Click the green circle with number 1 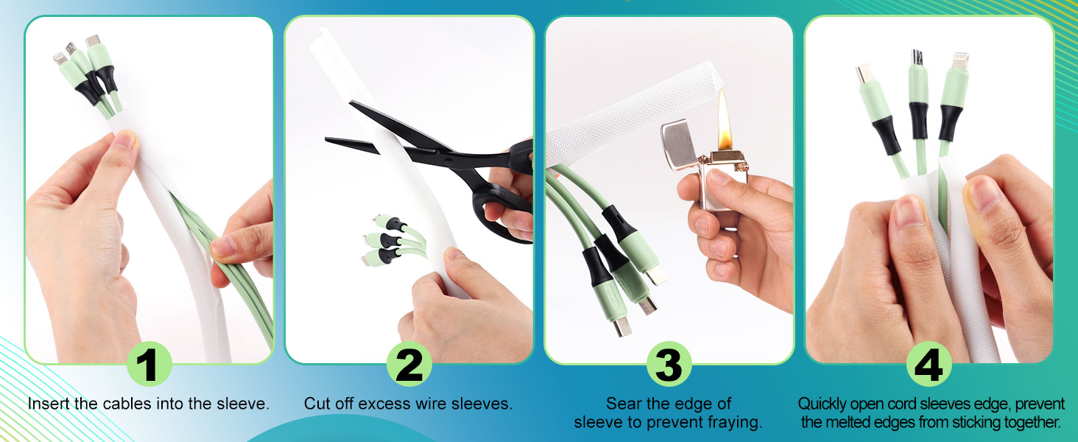[x=149, y=364]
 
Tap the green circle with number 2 [x=409, y=364]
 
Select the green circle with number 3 [x=669, y=364]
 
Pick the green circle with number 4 [x=929, y=364]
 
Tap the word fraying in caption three [x=732, y=423]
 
